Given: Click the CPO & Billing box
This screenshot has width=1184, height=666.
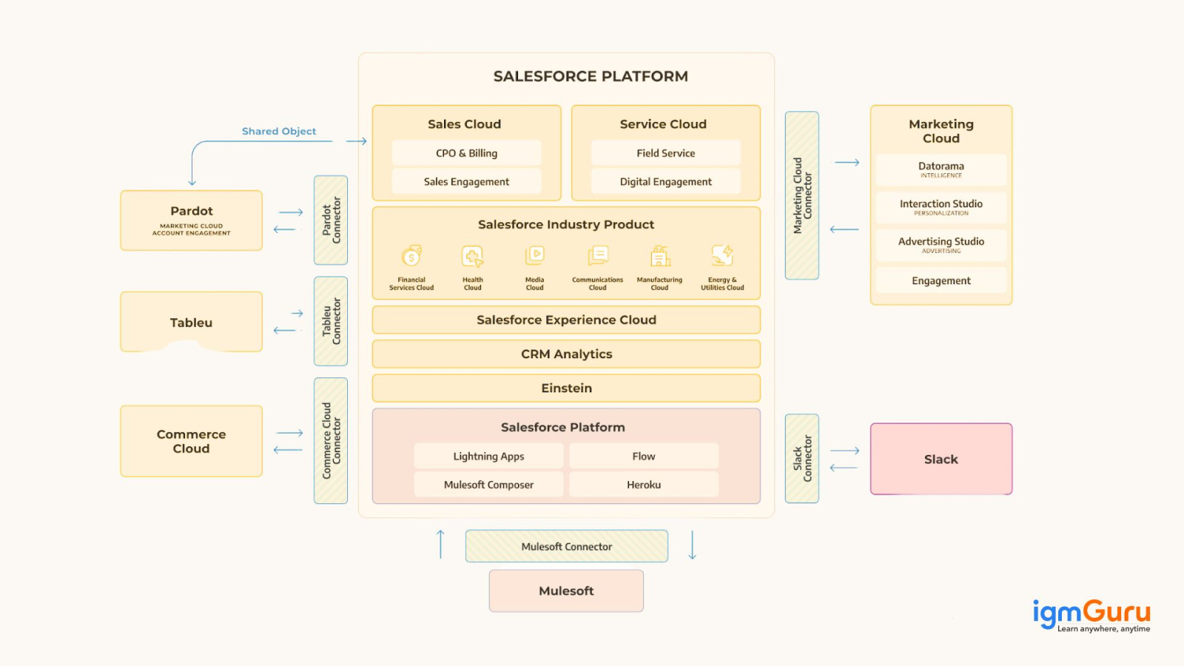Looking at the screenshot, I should (466, 153).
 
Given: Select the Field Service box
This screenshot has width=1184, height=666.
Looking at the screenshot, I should (665, 153).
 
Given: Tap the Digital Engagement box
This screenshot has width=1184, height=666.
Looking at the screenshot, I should (665, 181).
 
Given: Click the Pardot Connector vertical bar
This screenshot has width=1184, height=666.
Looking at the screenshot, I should (331, 220).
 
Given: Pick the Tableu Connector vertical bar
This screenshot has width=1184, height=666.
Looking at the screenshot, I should (331, 321).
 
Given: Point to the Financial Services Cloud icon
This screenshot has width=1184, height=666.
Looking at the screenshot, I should (411, 256).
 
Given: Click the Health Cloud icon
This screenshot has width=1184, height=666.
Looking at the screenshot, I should (472, 256).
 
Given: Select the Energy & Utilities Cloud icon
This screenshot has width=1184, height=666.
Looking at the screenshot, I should (722, 255).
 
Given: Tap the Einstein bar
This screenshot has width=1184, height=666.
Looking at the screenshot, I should (566, 388).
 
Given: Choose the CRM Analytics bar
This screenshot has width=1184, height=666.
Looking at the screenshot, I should (566, 354).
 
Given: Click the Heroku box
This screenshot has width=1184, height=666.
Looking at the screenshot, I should (644, 485).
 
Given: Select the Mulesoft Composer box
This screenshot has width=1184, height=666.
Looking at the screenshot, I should (488, 485).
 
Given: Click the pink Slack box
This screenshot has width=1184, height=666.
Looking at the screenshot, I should (941, 459).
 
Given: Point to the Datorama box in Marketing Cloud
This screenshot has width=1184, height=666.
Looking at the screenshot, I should (941, 169).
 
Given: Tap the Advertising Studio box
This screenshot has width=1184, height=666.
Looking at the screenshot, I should (941, 245).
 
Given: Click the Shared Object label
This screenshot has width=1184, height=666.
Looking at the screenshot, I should (279, 131).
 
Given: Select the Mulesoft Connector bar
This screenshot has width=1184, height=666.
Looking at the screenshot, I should (566, 546).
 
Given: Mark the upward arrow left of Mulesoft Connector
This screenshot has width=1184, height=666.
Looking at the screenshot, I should (440, 544).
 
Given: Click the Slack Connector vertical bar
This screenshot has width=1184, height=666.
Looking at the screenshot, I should (801, 458).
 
